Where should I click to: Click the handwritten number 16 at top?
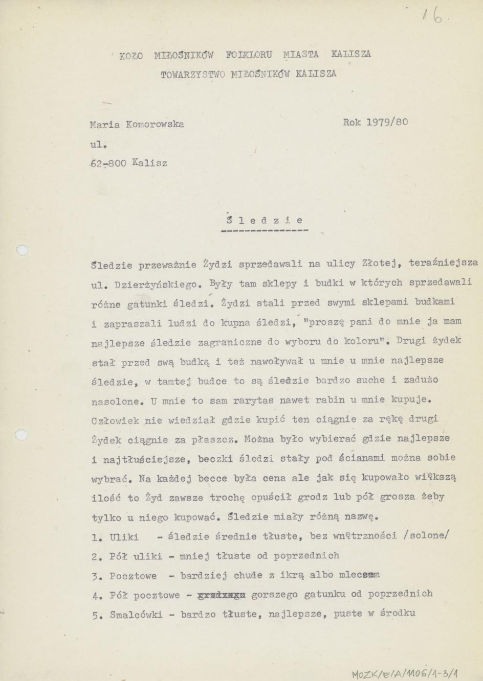click(432, 17)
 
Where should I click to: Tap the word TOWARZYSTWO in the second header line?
click(193, 74)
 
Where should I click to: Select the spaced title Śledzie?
click(265, 221)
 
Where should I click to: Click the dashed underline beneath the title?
click(265, 231)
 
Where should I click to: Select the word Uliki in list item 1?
click(123, 536)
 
